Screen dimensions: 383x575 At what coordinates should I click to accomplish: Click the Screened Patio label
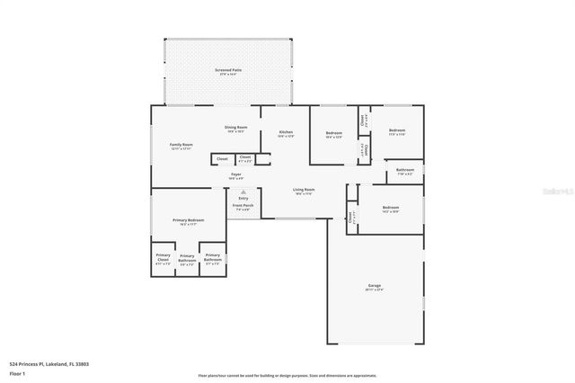227,69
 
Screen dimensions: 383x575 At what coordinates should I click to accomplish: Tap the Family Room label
182,145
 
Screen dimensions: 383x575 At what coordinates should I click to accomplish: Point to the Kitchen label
286,132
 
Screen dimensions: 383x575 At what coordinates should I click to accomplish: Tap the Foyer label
236,174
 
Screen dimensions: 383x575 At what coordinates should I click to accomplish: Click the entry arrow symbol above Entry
243,191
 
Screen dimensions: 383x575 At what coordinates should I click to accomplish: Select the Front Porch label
243,205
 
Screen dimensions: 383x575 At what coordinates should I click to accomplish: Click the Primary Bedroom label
189,220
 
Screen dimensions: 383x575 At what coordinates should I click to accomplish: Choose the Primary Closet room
163,259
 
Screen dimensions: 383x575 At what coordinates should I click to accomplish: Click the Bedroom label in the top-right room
396,130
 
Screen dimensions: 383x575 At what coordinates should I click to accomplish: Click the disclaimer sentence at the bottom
287,376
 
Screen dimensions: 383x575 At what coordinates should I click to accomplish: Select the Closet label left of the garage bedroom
350,217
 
